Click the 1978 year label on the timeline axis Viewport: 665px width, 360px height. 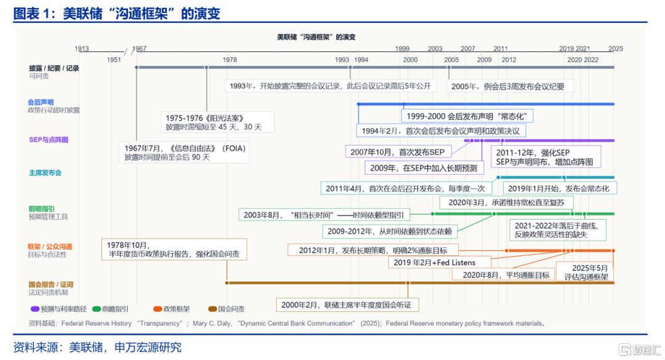(230, 60)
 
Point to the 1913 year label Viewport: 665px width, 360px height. (81, 49)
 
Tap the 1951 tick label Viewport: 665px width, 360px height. (114, 60)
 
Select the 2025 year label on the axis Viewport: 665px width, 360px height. (615, 49)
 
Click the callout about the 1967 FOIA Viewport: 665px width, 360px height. (185, 153)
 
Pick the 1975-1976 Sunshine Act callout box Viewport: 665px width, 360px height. (217, 122)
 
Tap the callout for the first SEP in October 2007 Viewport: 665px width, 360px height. (398, 152)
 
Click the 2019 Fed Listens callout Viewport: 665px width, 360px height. (440, 263)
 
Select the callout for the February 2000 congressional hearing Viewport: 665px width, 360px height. (347, 305)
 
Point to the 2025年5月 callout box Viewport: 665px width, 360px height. (586, 272)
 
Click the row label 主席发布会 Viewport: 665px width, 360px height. (45, 172)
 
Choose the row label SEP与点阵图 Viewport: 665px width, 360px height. (49, 140)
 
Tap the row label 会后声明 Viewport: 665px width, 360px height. (41, 102)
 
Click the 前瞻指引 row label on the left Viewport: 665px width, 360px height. (41, 209)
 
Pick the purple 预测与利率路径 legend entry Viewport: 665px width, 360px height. (58, 309)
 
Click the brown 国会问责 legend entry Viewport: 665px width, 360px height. (226, 309)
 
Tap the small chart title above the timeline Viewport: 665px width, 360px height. (316, 38)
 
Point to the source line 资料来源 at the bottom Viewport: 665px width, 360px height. (97, 348)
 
